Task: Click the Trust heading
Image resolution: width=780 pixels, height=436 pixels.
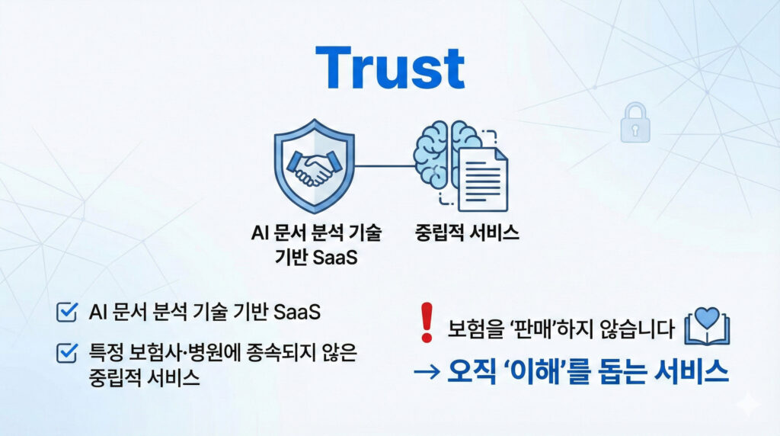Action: pos(390,68)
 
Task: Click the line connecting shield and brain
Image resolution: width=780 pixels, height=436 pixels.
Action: pos(382,166)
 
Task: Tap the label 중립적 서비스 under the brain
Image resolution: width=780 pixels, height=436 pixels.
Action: pos(466,232)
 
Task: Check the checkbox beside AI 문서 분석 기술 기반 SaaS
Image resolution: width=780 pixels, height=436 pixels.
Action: pos(68,312)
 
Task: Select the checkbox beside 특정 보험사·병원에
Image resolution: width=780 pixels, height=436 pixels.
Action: pos(68,352)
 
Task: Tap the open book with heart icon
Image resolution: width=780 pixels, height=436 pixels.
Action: pos(708,328)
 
